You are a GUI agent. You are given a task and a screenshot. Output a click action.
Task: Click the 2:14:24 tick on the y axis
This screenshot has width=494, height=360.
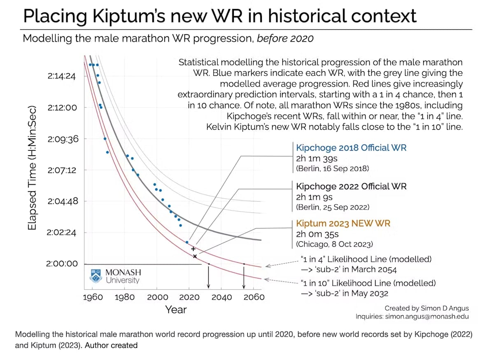point(62,76)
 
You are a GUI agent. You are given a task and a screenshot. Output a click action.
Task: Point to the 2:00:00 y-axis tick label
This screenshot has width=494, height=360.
point(62,264)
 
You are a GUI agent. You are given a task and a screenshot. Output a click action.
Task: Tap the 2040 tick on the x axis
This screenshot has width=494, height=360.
point(221,297)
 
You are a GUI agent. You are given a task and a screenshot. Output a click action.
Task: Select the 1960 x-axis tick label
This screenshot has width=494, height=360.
point(93,297)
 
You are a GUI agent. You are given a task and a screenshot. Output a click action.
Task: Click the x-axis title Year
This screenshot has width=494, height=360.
point(176,310)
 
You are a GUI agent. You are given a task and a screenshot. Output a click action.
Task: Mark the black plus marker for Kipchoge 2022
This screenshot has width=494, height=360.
point(193,249)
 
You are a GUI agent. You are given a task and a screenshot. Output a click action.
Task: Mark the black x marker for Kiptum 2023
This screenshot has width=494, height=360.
point(195,256)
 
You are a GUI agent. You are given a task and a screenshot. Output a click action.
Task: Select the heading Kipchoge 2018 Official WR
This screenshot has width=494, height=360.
point(351,148)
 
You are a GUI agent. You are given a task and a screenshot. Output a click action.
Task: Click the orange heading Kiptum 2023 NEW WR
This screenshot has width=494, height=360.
point(343,224)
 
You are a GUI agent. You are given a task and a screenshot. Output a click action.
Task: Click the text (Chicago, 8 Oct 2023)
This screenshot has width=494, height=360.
point(334,244)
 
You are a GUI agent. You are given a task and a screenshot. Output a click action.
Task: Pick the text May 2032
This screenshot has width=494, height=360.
point(371,293)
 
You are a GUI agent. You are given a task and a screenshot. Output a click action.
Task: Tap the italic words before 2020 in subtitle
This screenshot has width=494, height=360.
point(285,39)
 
